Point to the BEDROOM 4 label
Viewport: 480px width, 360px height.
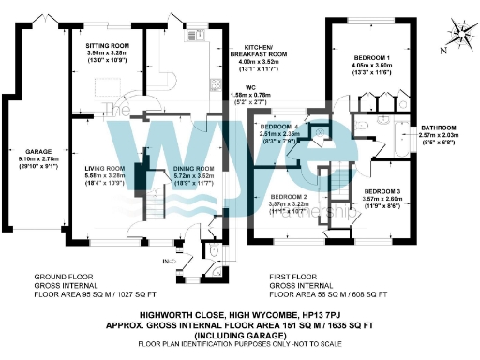(x=281, y=126)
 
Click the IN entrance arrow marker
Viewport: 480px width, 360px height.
(x=168, y=260)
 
